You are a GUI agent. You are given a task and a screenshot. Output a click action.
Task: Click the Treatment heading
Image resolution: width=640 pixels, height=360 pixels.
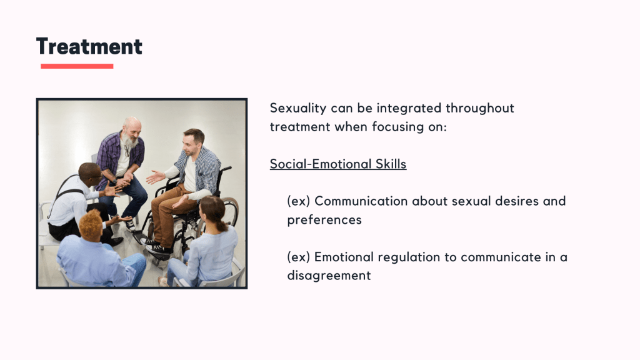point(89,46)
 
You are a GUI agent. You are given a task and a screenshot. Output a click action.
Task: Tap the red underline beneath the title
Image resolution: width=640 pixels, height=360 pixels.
point(77,66)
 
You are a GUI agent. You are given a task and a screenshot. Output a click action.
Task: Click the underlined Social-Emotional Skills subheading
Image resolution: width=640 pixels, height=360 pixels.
point(338,164)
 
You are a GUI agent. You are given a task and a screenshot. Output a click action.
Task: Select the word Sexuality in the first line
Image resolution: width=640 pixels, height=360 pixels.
point(298,109)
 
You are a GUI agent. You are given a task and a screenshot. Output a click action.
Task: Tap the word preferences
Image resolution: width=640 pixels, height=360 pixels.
point(324,220)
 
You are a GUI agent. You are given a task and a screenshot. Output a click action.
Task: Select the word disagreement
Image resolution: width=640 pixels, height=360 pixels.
point(329,276)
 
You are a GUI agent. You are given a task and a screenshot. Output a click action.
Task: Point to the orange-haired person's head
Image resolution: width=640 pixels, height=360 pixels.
point(91,224)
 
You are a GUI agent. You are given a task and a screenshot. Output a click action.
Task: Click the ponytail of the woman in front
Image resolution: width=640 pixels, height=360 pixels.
point(222,224)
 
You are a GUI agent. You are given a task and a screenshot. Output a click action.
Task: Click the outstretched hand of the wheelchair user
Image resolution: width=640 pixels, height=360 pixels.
point(155,177)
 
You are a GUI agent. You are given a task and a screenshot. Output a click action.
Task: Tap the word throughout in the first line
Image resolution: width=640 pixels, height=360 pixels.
point(480,109)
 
